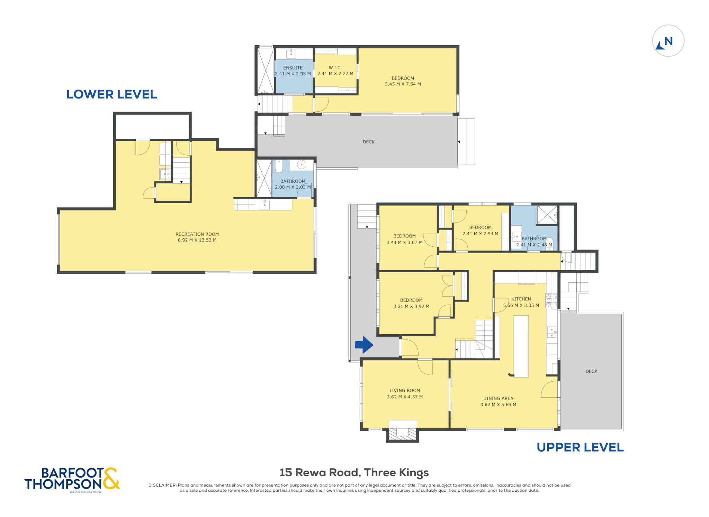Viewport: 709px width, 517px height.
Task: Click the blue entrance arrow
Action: (x=364, y=345)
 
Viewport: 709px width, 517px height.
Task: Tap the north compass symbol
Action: (x=668, y=41)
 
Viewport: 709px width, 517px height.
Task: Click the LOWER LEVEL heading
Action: (x=111, y=94)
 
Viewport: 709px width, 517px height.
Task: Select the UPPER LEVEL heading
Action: (x=580, y=447)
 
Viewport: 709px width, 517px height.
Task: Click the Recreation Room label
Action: (x=197, y=234)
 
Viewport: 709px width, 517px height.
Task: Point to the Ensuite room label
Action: (x=293, y=68)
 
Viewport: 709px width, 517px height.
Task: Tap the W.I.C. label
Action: (x=335, y=68)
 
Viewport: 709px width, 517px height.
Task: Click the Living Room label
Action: (x=405, y=390)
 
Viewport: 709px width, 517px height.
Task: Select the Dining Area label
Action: (x=498, y=398)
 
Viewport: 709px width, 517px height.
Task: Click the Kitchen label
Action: (x=521, y=299)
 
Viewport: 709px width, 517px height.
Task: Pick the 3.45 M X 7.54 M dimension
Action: (x=403, y=84)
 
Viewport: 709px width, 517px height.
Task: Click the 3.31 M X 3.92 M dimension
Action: (x=411, y=306)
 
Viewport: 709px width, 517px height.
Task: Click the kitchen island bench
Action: (x=521, y=346)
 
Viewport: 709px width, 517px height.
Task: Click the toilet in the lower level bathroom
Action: (x=279, y=166)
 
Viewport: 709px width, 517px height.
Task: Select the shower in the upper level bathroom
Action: (x=547, y=215)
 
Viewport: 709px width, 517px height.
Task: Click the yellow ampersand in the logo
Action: (x=111, y=478)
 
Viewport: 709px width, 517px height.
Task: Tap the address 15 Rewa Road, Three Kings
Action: (x=354, y=472)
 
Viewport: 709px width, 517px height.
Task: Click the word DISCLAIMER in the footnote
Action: (x=162, y=485)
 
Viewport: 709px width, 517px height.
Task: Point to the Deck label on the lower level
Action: (x=369, y=142)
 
